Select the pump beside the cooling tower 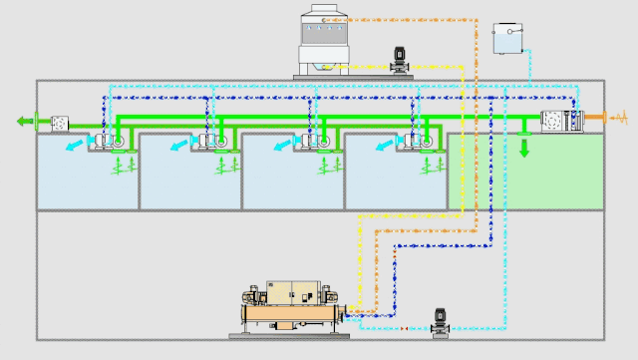pyautogui.click(x=399, y=59)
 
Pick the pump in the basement pyautogui.click(x=440, y=322)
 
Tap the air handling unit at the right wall pyautogui.click(x=560, y=121)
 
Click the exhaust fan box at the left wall pyautogui.click(x=58, y=122)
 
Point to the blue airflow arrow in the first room pyautogui.click(x=74, y=148)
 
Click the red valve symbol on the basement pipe pyautogui.click(x=405, y=328)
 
